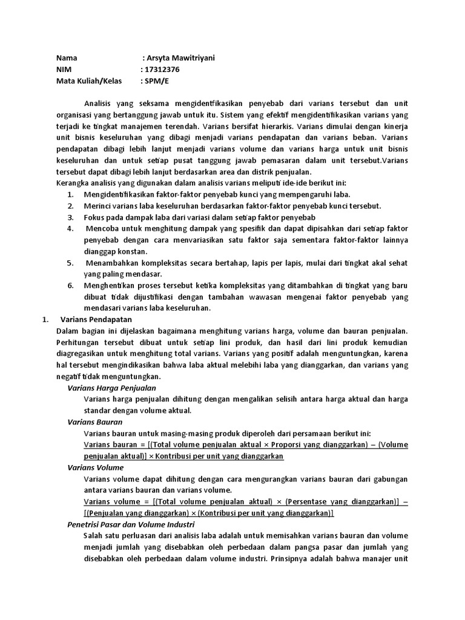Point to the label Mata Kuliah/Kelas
pos(89,81)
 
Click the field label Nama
pos(67,58)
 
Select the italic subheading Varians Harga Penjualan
pos(111,387)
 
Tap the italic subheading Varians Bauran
pos(94,421)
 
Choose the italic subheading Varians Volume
pos(95,467)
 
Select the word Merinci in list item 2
pos(98,206)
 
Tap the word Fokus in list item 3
pos(95,217)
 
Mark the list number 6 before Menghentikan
pos(70,285)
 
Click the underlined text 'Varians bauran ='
pos(110,444)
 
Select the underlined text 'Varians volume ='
pos(111,501)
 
